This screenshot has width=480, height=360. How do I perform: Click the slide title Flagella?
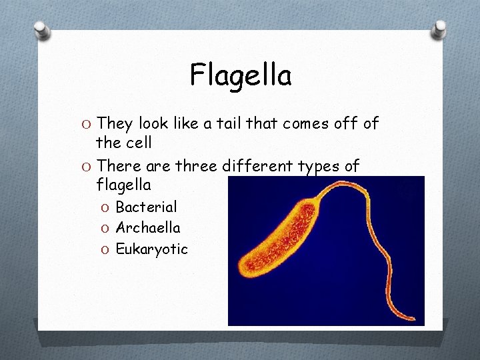click(x=241, y=75)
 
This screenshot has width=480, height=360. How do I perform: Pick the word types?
click(x=322, y=167)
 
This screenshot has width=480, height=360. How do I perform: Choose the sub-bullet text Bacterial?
click(x=146, y=207)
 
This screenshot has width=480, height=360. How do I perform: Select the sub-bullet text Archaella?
click(x=148, y=228)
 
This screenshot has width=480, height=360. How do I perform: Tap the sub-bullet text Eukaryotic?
click(x=152, y=250)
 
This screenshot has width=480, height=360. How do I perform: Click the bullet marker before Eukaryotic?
click(x=107, y=250)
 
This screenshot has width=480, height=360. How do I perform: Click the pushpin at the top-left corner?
click(x=42, y=29)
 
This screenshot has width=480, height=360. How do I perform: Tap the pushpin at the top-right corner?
click(x=439, y=28)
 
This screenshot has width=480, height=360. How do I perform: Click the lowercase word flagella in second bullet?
click(x=123, y=184)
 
